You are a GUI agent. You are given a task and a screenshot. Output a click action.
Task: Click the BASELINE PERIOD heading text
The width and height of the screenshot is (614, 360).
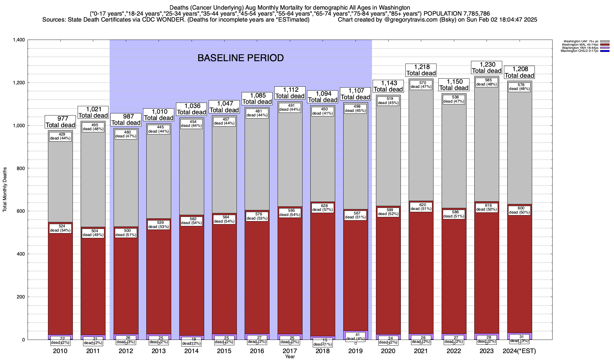click(240, 58)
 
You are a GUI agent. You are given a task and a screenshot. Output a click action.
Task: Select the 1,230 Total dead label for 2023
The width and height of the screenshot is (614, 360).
click(487, 67)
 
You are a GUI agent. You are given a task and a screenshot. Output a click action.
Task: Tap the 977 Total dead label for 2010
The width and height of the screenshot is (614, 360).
click(60, 122)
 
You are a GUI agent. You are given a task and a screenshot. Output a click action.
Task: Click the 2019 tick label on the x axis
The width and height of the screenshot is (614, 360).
click(356, 351)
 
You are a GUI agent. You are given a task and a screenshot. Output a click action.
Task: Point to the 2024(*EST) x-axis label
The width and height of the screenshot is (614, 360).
click(519, 351)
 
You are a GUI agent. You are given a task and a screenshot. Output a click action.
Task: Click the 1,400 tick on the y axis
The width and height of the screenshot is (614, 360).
click(19, 40)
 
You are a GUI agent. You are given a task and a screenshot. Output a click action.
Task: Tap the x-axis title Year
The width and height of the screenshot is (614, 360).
click(290, 357)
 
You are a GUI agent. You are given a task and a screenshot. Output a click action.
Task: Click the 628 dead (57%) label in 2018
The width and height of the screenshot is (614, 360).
click(323, 208)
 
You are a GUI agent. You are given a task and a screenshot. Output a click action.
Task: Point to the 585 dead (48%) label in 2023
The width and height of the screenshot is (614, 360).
click(487, 82)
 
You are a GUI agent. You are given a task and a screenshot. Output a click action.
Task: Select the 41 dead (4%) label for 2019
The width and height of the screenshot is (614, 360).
click(356, 336)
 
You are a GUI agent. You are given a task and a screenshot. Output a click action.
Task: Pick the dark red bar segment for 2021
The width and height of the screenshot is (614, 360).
click(421, 270)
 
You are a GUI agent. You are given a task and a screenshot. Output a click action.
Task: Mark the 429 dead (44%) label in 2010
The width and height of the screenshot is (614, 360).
click(60, 136)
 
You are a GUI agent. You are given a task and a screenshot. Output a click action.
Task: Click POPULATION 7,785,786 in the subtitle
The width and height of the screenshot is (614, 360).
click(457, 13)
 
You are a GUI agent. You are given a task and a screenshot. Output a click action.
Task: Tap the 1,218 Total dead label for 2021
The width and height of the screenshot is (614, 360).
click(421, 70)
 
